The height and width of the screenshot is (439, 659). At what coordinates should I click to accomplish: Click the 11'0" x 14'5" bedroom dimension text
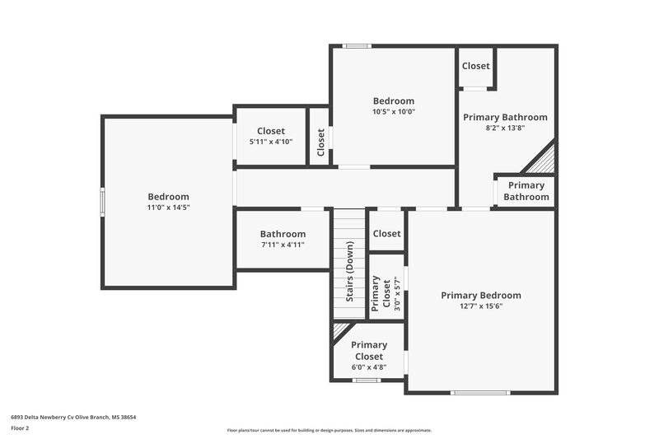tap(168, 208)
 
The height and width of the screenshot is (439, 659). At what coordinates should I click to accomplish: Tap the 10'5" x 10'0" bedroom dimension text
tap(394, 112)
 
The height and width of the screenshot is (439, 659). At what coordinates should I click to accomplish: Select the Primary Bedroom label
tap(481, 295)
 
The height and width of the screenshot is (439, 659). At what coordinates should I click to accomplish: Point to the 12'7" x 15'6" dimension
tap(481, 306)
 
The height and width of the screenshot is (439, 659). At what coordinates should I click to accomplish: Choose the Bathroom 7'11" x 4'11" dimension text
tap(283, 245)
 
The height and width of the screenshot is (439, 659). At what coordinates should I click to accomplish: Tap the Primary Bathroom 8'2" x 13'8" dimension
tap(505, 128)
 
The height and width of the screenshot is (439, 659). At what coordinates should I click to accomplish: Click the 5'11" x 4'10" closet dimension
tap(271, 142)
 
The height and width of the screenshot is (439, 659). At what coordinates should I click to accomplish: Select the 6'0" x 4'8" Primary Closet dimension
tap(368, 367)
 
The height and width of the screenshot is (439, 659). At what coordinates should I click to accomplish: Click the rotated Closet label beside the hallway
tap(320, 142)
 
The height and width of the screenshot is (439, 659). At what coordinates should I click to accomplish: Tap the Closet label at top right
tap(476, 66)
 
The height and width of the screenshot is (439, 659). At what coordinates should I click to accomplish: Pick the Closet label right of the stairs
tap(386, 234)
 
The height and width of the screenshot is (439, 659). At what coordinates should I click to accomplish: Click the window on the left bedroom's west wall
tap(103, 202)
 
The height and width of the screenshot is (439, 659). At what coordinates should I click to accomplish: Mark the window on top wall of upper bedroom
tap(358, 46)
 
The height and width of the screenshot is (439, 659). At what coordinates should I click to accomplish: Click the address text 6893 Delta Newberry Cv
tap(73, 418)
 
